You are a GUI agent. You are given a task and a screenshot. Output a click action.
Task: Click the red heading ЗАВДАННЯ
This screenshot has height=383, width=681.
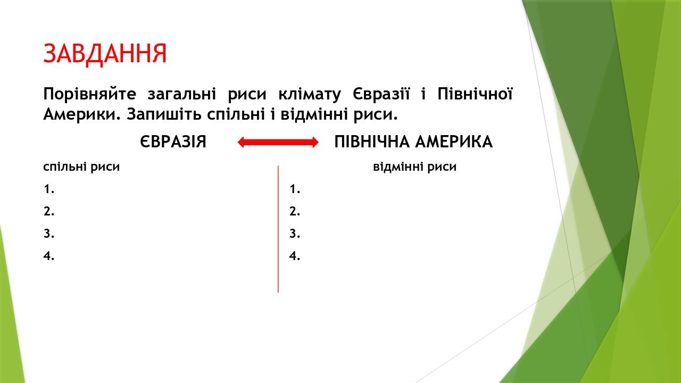[x=105, y=53]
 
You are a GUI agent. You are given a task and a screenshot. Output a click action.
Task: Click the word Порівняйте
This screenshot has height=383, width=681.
[x=90, y=95]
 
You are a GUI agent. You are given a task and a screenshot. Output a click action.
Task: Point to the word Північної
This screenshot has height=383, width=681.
[x=475, y=95]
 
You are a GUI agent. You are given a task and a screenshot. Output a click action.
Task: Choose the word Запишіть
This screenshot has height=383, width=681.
[x=163, y=114]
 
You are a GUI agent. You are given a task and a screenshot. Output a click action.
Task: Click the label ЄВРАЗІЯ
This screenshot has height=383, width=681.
[x=173, y=142]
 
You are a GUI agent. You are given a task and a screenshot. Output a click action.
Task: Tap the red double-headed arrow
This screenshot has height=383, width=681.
[x=278, y=142]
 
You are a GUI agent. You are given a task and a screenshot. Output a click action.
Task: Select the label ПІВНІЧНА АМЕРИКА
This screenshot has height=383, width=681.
[x=413, y=142]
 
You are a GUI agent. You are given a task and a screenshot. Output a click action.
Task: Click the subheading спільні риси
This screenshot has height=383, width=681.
[x=81, y=167]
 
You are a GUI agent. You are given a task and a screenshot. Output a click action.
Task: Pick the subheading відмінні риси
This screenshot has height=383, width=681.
[x=414, y=167]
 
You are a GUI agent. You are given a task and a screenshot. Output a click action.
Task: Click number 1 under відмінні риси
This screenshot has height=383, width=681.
[x=295, y=189]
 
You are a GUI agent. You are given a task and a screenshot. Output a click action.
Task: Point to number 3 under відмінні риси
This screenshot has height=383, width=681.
[x=295, y=234]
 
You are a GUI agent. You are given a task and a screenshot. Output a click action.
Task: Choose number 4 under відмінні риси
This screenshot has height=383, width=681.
[x=295, y=256]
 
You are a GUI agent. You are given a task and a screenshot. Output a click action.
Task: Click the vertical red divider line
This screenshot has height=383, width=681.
[x=278, y=229]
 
